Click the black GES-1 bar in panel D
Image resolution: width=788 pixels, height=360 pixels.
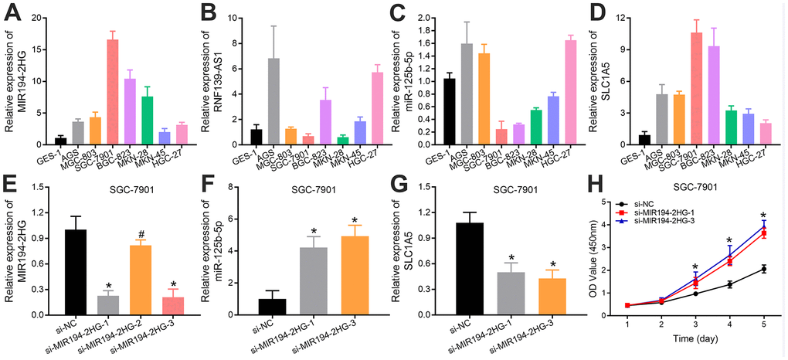tap(641, 140)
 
